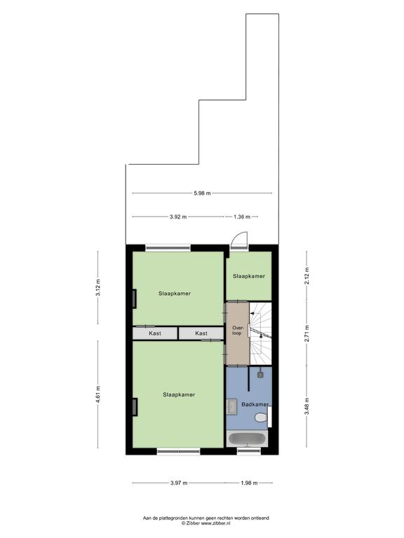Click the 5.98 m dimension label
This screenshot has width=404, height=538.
[x=202, y=193]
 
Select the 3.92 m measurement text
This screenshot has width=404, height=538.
[x=178, y=217]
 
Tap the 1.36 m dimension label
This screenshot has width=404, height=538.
[x=242, y=217]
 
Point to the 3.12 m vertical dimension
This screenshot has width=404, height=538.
[x=98, y=288]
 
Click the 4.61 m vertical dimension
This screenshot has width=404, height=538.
[x=98, y=394]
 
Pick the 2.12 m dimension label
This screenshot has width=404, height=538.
[x=307, y=275]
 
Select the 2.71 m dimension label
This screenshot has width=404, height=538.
[x=307, y=333]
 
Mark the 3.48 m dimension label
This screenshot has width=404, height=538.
[x=307, y=406]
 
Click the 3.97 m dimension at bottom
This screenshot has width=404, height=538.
[x=179, y=483]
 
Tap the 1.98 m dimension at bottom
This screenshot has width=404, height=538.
[x=249, y=483]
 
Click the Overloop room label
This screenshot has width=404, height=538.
[x=236, y=331]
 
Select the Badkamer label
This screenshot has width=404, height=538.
[x=255, y=404]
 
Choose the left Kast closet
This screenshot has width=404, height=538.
[x=155, y=333]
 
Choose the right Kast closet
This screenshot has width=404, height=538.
[x=201, y=333]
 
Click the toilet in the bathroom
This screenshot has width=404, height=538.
[x=262, y=418]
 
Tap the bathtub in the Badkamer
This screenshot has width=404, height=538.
[x=248, y=439]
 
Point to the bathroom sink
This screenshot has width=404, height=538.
[x=232, y=407]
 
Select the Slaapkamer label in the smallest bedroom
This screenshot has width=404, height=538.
[x=249, y=276]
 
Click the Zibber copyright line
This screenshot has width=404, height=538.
[x=206, y=523]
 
